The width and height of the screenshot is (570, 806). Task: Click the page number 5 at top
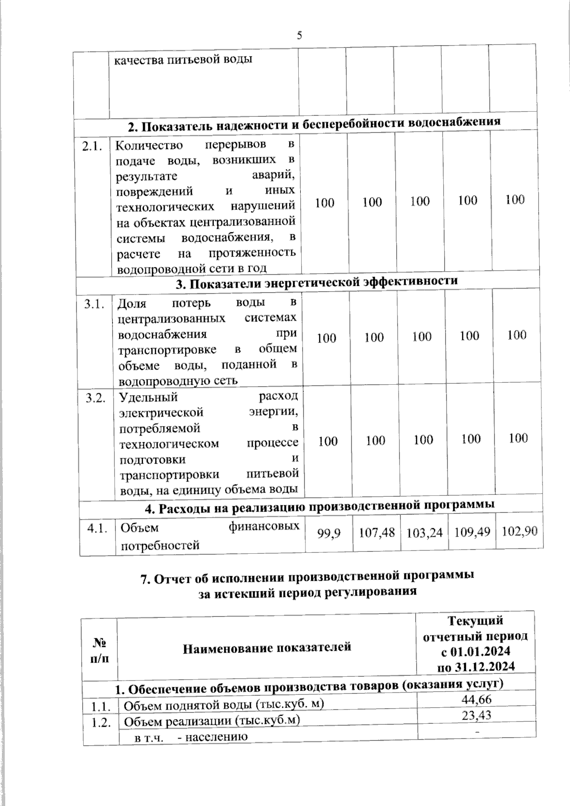(299, 35)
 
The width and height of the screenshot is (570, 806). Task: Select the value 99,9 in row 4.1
(329, 533)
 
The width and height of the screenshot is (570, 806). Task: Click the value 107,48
(377, 532)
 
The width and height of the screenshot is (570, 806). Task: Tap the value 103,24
(424, 532)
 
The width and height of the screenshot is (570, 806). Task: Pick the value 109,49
(472, 532)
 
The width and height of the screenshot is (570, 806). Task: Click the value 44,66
(476, 699)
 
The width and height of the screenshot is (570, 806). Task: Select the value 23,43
(476, 715)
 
